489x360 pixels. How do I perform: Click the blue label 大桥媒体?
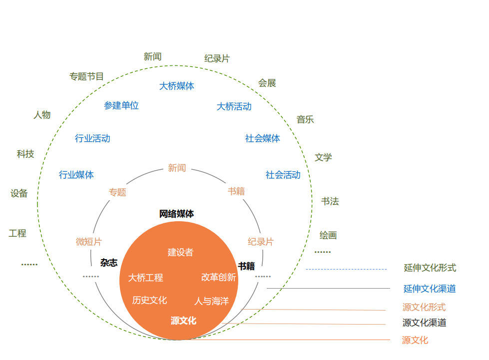tap(177, 86)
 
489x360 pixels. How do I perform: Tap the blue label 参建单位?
tap(121, 105)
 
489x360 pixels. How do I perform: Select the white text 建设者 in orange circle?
tap(180, 252)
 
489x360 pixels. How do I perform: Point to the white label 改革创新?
tap(218, 277)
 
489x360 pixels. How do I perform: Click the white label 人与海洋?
tap(211, 301)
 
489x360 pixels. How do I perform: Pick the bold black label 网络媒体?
tap(176, 214)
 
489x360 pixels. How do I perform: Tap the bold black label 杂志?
tap(109, 263)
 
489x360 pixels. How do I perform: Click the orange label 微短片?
tap(89, 242)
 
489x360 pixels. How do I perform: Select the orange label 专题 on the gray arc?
tap(117, 192)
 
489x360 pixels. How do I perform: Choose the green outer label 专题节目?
tap(87, 76)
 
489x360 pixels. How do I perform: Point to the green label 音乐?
tap(305, 119)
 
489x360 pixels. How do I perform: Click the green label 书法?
tap(330, 201)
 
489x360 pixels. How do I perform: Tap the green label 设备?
tap(19, 193)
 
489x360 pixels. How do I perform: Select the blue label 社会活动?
tap(283, 175)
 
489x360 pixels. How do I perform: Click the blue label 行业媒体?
tap(76, 175)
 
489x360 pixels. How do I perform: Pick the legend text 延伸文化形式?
tap(430, 268)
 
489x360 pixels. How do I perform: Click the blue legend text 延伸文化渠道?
tap(430, 289)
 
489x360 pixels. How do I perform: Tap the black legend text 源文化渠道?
tap(424, 323)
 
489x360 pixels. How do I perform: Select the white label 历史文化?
tap(149, 300)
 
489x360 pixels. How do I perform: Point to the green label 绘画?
tap(328, 235)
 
